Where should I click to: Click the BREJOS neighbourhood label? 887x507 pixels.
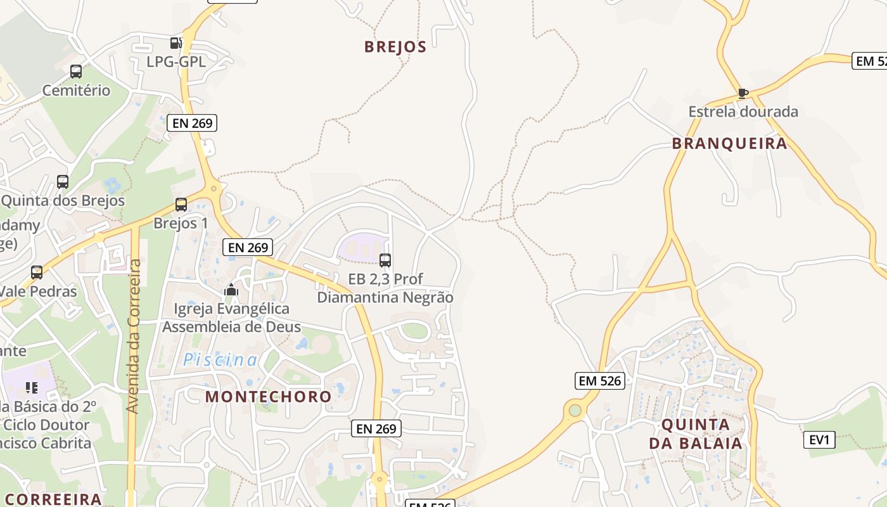coord(395,47)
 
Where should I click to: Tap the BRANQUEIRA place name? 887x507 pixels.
coord(729,143)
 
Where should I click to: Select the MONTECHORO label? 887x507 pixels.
coord(269,397)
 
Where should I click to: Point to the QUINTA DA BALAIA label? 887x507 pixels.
coord(695,433)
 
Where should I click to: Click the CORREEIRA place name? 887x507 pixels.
coord(54,499)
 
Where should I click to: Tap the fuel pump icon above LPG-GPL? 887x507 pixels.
coord(175,43)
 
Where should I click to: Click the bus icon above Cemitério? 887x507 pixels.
coord(76,72)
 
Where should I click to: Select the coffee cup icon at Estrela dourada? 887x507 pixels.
coord(743,94)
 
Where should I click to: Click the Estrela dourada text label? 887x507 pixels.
coord(743,112)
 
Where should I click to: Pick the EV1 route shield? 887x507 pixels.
coord(819,439)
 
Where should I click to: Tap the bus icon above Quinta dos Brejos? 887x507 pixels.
coord(63,182)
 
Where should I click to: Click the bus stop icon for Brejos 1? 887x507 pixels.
coord(181,205)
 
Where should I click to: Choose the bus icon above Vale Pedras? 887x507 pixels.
coord(37,273)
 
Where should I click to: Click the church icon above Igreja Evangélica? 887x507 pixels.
coord(231,290)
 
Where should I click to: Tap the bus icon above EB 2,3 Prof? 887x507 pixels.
coord(385,260)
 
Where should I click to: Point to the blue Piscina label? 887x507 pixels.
coord(220,360)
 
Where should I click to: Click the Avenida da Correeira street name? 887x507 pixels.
coord(133,336)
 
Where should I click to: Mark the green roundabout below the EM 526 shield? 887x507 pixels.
coord(575,410)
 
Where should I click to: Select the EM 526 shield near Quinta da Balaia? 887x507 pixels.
coord(600,381)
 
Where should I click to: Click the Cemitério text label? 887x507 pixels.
coord(76,91)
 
